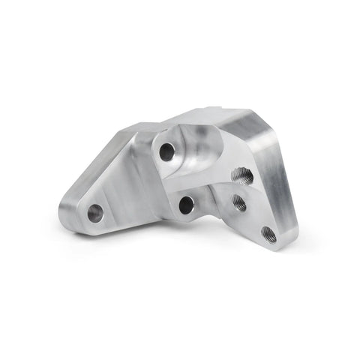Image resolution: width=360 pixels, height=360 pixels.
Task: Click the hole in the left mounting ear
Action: coord(95,213)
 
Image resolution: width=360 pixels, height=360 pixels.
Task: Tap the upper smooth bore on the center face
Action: coord(166,152)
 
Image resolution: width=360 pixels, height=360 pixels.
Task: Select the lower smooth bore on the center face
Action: coord(187,204)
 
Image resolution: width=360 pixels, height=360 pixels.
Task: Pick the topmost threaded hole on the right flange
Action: coord(243,177)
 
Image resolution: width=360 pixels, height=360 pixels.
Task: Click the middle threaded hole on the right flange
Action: coord(239,202)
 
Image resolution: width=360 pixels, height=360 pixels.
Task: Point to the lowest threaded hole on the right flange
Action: coord(268,235)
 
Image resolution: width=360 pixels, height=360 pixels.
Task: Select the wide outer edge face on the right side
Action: coord(281,187)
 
